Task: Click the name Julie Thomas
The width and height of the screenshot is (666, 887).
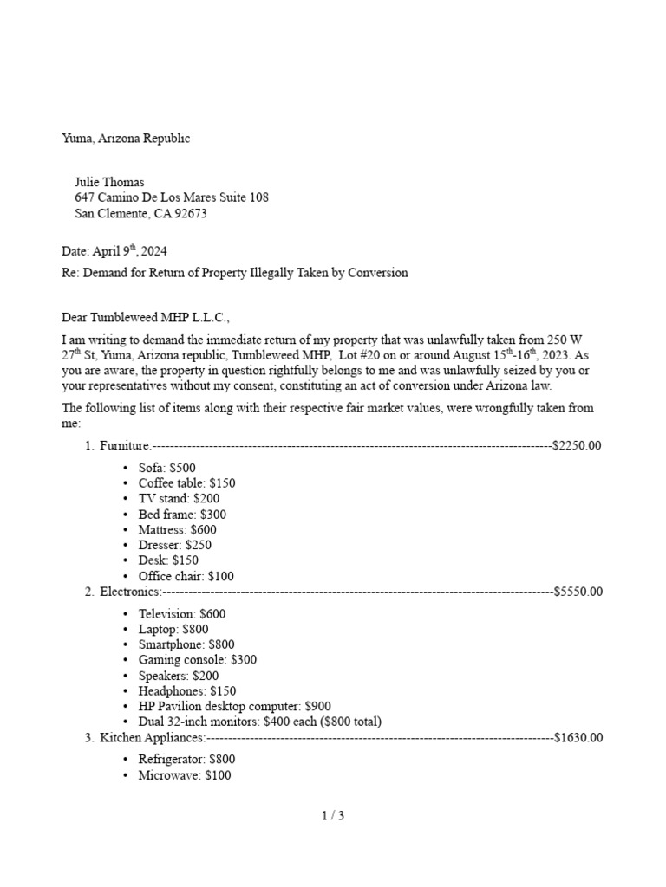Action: click(x=109, y=182)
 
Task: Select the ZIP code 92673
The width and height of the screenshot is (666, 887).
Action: click(x=190, y=213)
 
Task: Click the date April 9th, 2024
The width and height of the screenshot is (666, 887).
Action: click(x=114, y=251)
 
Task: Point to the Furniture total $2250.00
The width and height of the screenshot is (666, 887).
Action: click(x=577, y=446)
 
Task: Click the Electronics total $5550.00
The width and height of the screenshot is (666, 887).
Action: click(x=577, y=592)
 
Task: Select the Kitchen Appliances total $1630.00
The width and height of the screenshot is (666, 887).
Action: click(x=577, y=738)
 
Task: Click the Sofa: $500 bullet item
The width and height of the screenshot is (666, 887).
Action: click(x=166, y=468)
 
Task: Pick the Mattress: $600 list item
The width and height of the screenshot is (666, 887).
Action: click(x=177, y=529)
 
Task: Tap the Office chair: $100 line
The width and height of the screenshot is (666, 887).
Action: click(x=186, y=576)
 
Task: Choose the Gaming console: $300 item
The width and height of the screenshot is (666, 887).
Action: click(x=197, y=659)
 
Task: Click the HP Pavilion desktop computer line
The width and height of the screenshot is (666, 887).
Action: click(x=234, y=706)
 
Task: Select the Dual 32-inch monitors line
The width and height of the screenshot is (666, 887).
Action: click(x=259, y=722)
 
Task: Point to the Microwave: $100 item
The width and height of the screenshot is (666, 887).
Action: click(x=185, y=775)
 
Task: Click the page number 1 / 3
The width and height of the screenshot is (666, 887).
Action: click(x=333, y=815)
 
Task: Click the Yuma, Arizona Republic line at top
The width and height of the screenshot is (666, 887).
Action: click(x=126, y=139)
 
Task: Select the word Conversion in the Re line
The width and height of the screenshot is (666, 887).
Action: click(x=376, y=273)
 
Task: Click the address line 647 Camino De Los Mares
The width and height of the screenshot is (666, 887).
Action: click(x=172, y=197)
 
